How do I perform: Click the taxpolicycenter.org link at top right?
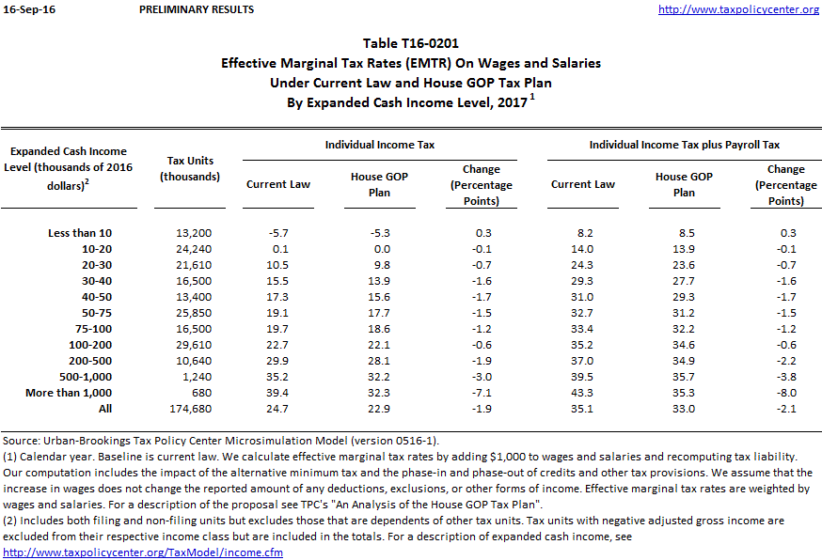tap(738, 9)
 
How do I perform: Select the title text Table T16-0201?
tap(411, 43)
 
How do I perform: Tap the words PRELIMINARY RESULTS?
tap(196, 9)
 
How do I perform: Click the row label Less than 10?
tap(80, 232)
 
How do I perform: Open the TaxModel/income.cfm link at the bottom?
tap(143, 552)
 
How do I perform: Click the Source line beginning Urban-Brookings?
tap(222, 441)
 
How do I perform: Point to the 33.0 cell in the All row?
tap(685, 409)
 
